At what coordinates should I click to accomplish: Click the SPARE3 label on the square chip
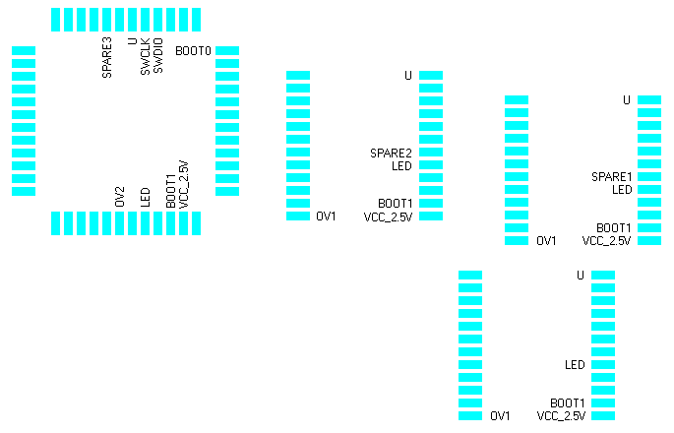coord(107,57)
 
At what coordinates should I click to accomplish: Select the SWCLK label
coord(146,57)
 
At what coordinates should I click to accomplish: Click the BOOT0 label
coord(192,50)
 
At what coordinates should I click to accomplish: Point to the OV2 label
coord(120,196)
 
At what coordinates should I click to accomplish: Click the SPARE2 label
coord(391,154)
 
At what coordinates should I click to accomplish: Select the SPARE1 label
coord(611,177)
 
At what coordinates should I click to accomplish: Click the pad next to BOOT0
coord(227,50)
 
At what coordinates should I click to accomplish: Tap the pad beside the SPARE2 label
coord(431,153)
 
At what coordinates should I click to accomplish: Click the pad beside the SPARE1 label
coord(648,176)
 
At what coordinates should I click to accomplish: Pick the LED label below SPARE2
coord(401,166)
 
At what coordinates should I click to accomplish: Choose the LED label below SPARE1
coord(622,190)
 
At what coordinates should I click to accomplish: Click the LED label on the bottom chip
coord(575,365)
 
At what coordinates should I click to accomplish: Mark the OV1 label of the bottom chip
coord(500,416)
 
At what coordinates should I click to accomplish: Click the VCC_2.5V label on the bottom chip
coord(561,416)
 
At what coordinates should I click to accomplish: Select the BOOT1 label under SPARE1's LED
coord(614,227)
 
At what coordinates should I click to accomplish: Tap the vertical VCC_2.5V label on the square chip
coord(183,184)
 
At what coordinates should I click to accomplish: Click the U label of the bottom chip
coord(581,276)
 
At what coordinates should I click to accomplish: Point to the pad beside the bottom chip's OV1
coord(469,416)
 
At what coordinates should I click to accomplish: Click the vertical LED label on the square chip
coord(146,196)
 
